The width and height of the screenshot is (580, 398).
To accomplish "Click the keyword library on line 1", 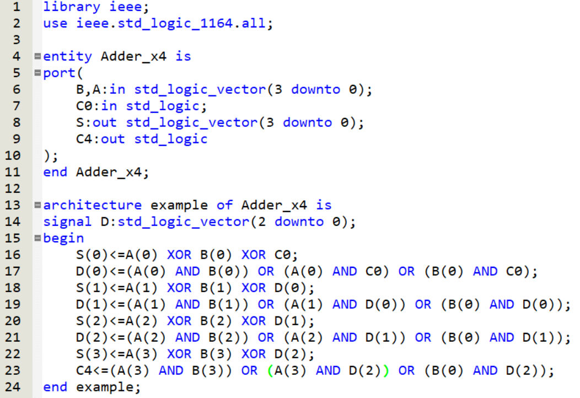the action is click(x=72, y=7).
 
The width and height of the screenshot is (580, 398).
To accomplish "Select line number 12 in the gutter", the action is click(x=13, y=189).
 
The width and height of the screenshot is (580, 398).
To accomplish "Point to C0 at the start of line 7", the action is click(x=84, y=106).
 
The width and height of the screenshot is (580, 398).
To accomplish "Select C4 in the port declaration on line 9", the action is click(x=84, y=139).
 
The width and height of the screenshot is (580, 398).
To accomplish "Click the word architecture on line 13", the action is click(x=92, y=205).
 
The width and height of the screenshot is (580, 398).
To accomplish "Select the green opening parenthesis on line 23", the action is click(x=270, y=370).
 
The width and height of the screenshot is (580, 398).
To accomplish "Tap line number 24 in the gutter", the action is click(x=13, y=387).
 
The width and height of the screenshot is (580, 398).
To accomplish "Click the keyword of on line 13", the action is click(x=224, y=205).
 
